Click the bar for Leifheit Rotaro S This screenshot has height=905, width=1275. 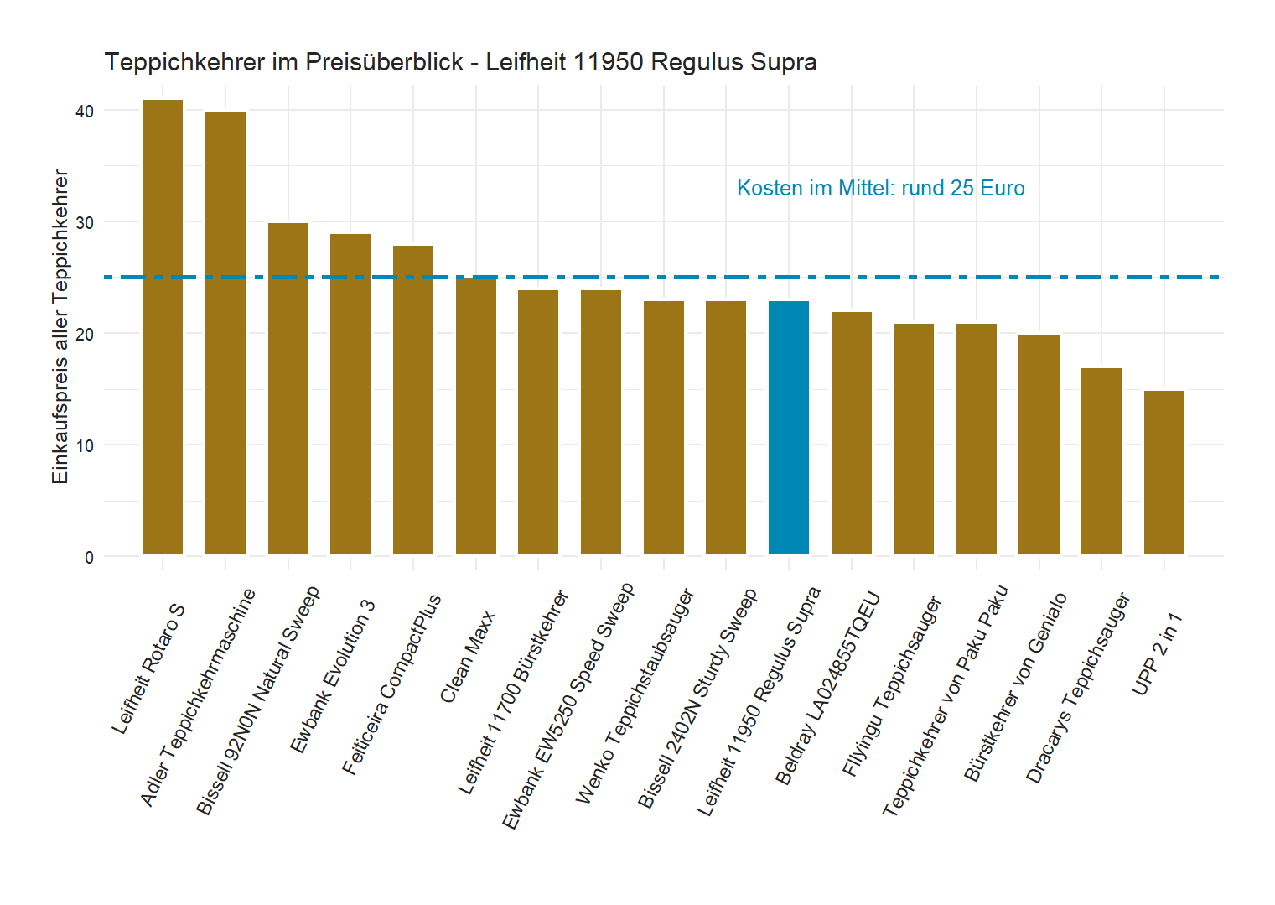pos(163,327)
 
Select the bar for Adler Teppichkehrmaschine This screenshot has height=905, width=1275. pos(225,333)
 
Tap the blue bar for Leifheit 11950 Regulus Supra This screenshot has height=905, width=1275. pos(789,428)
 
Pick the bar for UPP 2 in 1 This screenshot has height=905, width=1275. pos(1164,472)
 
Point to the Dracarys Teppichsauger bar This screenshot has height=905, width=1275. pos(1101,461)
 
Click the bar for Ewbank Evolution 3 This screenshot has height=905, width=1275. pos(350,394)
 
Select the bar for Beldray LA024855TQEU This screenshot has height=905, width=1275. pos(851,433)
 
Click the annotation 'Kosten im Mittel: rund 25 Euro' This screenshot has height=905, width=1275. pos(880,188)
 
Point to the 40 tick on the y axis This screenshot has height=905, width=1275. pos(85,112)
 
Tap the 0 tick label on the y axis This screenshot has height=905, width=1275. pos(89,558)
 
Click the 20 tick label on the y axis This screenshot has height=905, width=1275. pos(85,335)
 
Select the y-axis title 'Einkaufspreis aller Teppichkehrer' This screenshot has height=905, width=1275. pos(60,326)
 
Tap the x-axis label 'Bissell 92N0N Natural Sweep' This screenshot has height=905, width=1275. pos(258,701)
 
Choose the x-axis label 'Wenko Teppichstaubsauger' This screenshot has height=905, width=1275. pos(635,697)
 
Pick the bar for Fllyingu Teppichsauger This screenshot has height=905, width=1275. pos(914,439)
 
